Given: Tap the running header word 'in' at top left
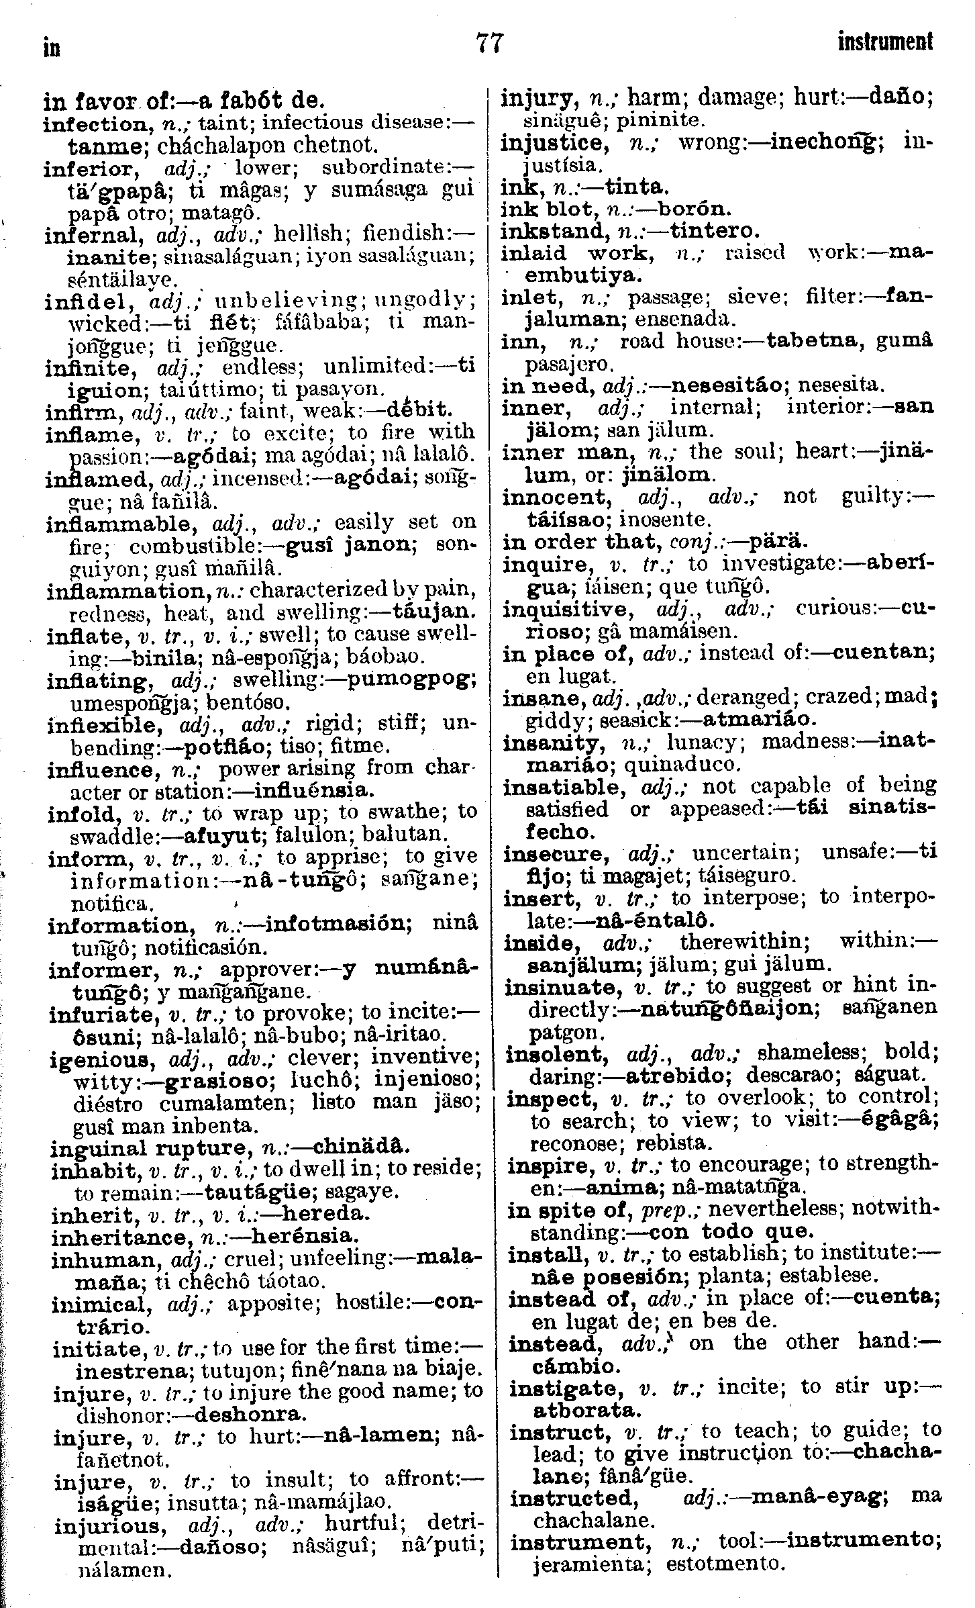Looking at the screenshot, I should [x=51, y=47].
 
